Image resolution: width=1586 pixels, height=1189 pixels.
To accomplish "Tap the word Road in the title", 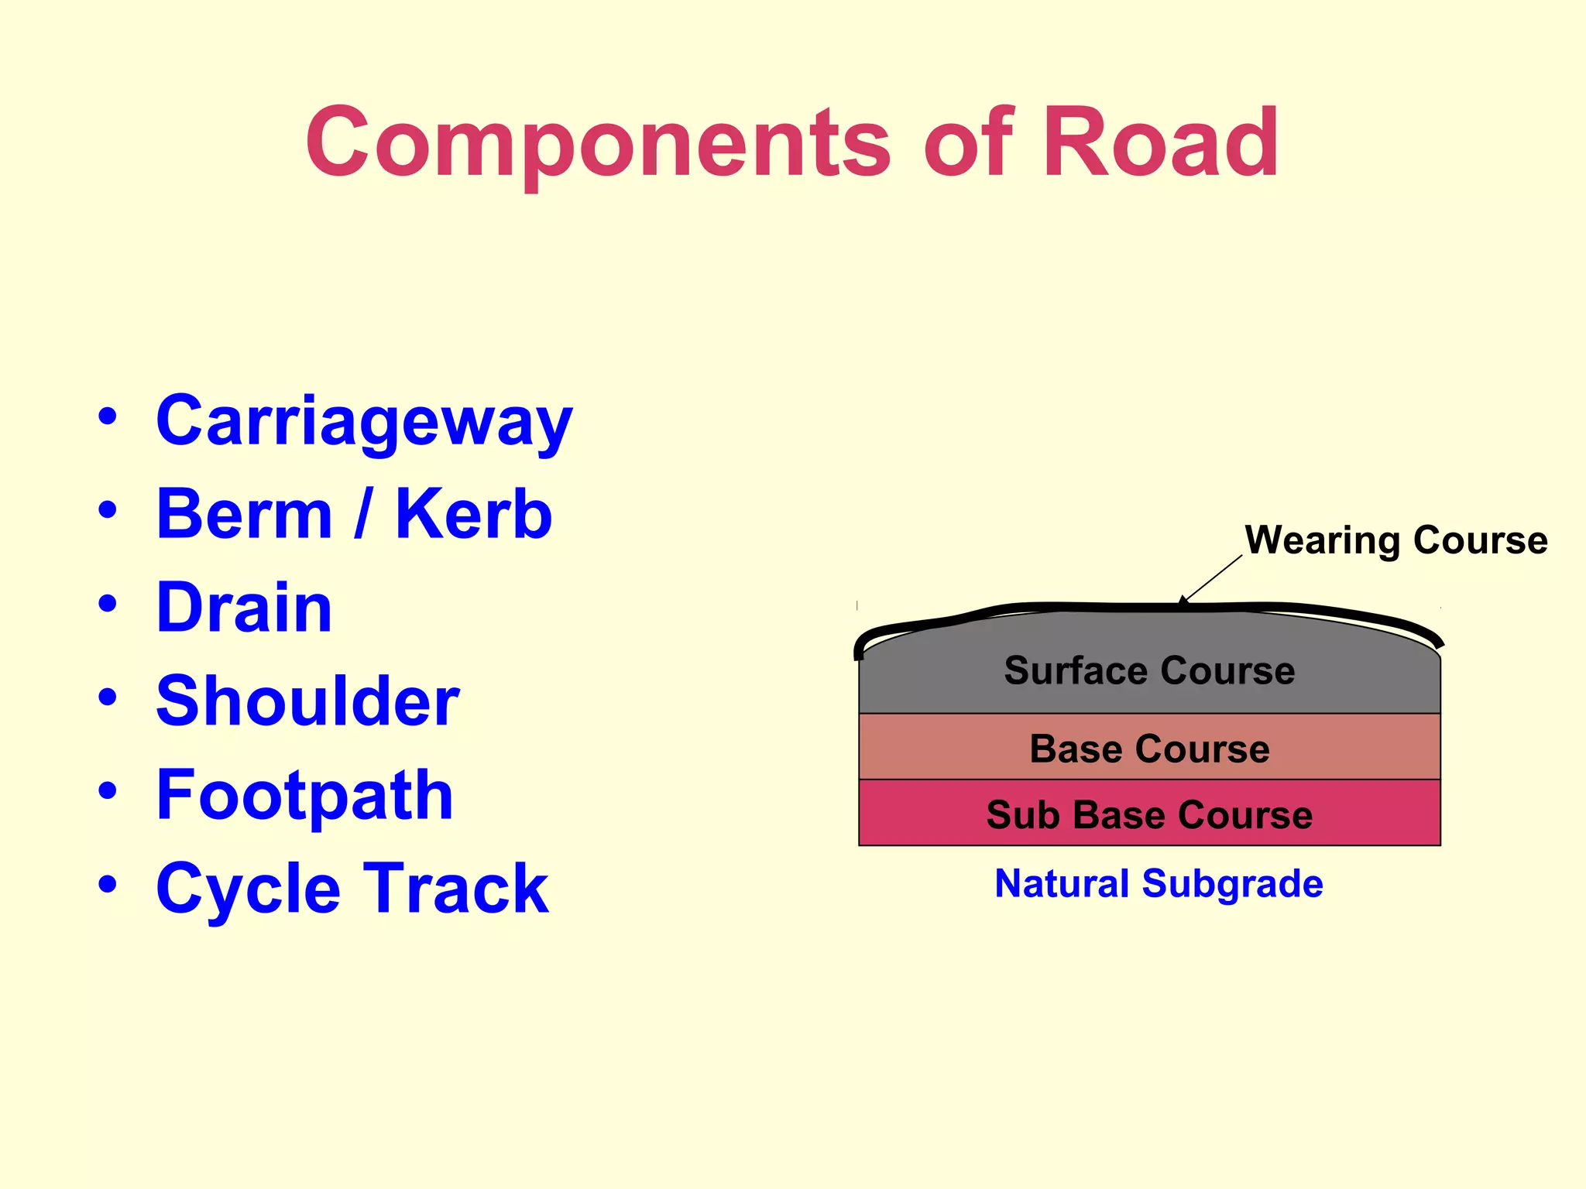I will pos(1160,144).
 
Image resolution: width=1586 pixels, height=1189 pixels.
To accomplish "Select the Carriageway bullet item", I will pos(364,421).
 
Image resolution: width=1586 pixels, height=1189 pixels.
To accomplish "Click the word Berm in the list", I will pos(244,514).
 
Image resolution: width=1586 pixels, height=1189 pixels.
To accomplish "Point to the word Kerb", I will pos(473,514).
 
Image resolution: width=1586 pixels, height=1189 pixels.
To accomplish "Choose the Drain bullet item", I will pos(244,608).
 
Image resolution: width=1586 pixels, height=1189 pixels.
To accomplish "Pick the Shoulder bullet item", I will pos(307,701).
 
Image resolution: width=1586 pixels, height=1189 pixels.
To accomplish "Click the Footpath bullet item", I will pos(304,795).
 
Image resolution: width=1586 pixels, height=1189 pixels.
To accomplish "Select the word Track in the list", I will pos(456,889).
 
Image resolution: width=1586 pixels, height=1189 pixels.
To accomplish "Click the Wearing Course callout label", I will pos(1395,540).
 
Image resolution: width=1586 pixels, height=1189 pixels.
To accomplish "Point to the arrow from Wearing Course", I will pos(1211,578).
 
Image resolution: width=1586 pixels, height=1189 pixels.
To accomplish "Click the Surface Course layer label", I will pos(1149,670).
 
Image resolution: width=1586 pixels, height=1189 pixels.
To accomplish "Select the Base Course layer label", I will pos(1149,749).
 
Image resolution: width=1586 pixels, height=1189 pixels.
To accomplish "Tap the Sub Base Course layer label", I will pos(1149,814).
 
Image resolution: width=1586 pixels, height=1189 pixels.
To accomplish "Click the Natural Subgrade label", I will pos(1159,883).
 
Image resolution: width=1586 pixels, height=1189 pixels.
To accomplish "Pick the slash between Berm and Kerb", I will pos(362,514).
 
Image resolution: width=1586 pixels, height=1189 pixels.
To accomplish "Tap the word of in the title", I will pos(968,144).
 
